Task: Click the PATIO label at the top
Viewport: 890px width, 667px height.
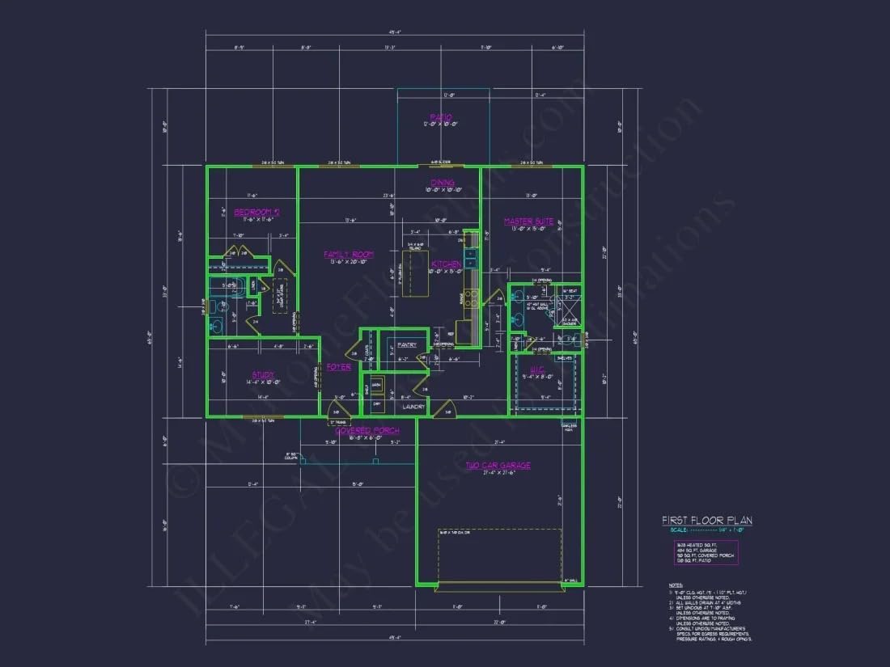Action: [x=441, y=117]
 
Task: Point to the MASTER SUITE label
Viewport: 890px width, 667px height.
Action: [x=528, y=221]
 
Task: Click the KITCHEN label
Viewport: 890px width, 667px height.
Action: [x=446, y=264]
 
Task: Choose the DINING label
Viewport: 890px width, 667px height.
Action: [x=442, y=183]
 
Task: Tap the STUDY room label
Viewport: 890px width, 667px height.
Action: [x=262, y=374]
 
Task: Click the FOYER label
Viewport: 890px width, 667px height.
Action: [x=338, y=367]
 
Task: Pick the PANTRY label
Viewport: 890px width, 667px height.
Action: [x=407, y=345]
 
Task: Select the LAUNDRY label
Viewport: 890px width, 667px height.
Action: [x=413, y=407]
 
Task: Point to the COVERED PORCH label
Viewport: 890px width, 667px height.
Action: [x=367, y=431]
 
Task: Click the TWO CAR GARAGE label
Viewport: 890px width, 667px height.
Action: [x=498, y=465]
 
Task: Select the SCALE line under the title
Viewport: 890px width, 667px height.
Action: [x=706, y=530]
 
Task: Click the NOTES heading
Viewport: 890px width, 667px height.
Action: [x=676, y=585]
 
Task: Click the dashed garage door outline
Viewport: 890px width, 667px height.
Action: [x=499, y=558]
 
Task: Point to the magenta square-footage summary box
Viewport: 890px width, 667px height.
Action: [x=706, y=553]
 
